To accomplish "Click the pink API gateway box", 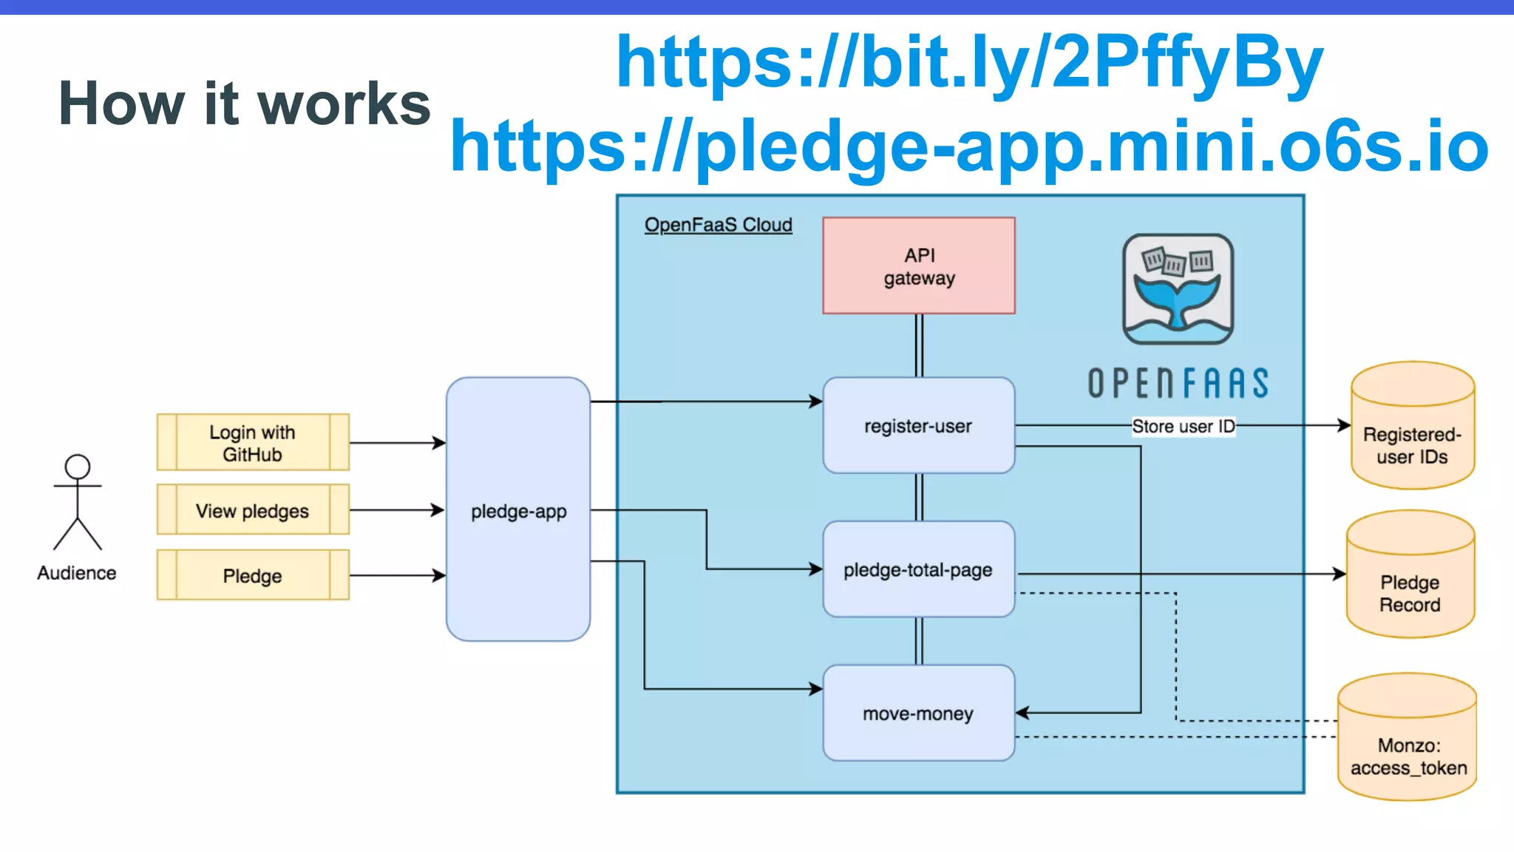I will (918, 266).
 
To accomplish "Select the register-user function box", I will (918, 426).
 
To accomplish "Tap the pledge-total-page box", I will (918, 569).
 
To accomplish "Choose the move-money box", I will (918, 713).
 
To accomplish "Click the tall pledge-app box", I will (518, 510).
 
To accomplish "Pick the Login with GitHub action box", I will (253, 442).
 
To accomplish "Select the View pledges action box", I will (253, 510).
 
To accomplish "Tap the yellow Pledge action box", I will (253, 575).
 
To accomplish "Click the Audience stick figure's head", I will (78, 467).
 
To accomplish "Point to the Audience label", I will (77, 573).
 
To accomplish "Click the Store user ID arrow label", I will (1183, 426).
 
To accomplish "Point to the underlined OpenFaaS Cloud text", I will (718, 225).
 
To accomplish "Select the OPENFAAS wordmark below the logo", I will (1178, 383).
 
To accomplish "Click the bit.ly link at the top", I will (969, 62).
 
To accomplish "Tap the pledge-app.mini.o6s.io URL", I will (969, 146).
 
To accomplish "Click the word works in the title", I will (344, 104).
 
